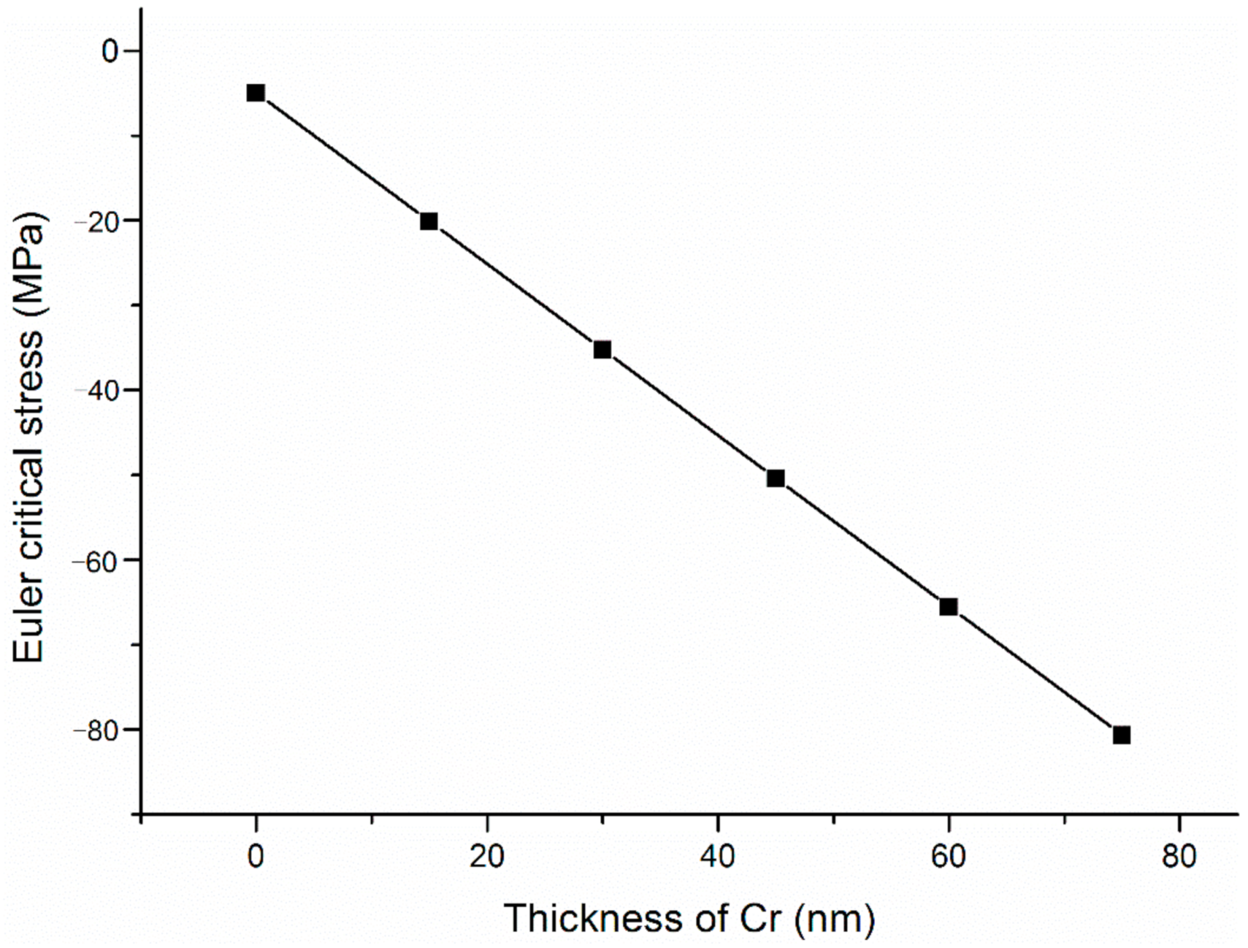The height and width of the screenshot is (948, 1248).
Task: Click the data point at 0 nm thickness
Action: [x=255, y=93]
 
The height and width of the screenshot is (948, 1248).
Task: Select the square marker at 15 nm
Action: [x=429, y=221]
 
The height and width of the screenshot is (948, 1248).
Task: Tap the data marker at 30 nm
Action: [x=602, y=349]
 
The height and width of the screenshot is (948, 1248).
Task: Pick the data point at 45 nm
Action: [x=775, y=478]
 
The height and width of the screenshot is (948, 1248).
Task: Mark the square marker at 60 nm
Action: [x=948, y=607]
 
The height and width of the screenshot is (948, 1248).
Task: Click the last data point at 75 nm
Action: [x=1121, y=735]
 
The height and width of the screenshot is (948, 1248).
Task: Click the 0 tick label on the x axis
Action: [x=255, y=857]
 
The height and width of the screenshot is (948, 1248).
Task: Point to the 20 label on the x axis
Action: [x=486, y=857]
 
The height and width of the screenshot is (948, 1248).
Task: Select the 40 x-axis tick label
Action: [x=717, y=857]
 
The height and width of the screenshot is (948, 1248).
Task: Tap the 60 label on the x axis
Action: [x=948, y=857]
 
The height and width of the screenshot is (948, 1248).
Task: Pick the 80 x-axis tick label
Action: [x=1179, y=857]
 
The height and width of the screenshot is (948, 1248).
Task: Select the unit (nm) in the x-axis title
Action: [x=834, y=919]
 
